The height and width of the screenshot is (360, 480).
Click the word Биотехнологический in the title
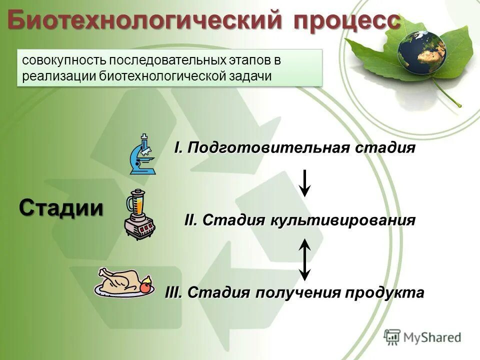pyautogui.click(x=145, y=21)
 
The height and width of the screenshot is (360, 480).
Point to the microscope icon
pyautogui.click(x=142, y=154)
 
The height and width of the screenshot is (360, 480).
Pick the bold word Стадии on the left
pyautogui.click(x=61, y=207)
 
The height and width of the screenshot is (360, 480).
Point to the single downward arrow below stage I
pyautogui.click(x=305, y=183)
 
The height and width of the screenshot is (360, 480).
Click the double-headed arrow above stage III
pyautogui.click(x=305, y=259)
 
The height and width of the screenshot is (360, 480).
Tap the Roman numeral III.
pyautogui.click(x=174, y=292)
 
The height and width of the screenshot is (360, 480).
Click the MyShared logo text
pyautogui.click(x=432, y=337)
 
